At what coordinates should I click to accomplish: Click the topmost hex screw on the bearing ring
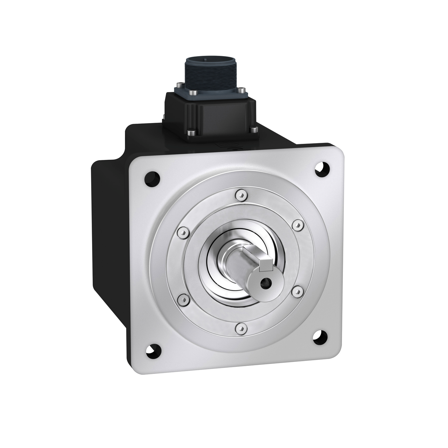tap(240, 195)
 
